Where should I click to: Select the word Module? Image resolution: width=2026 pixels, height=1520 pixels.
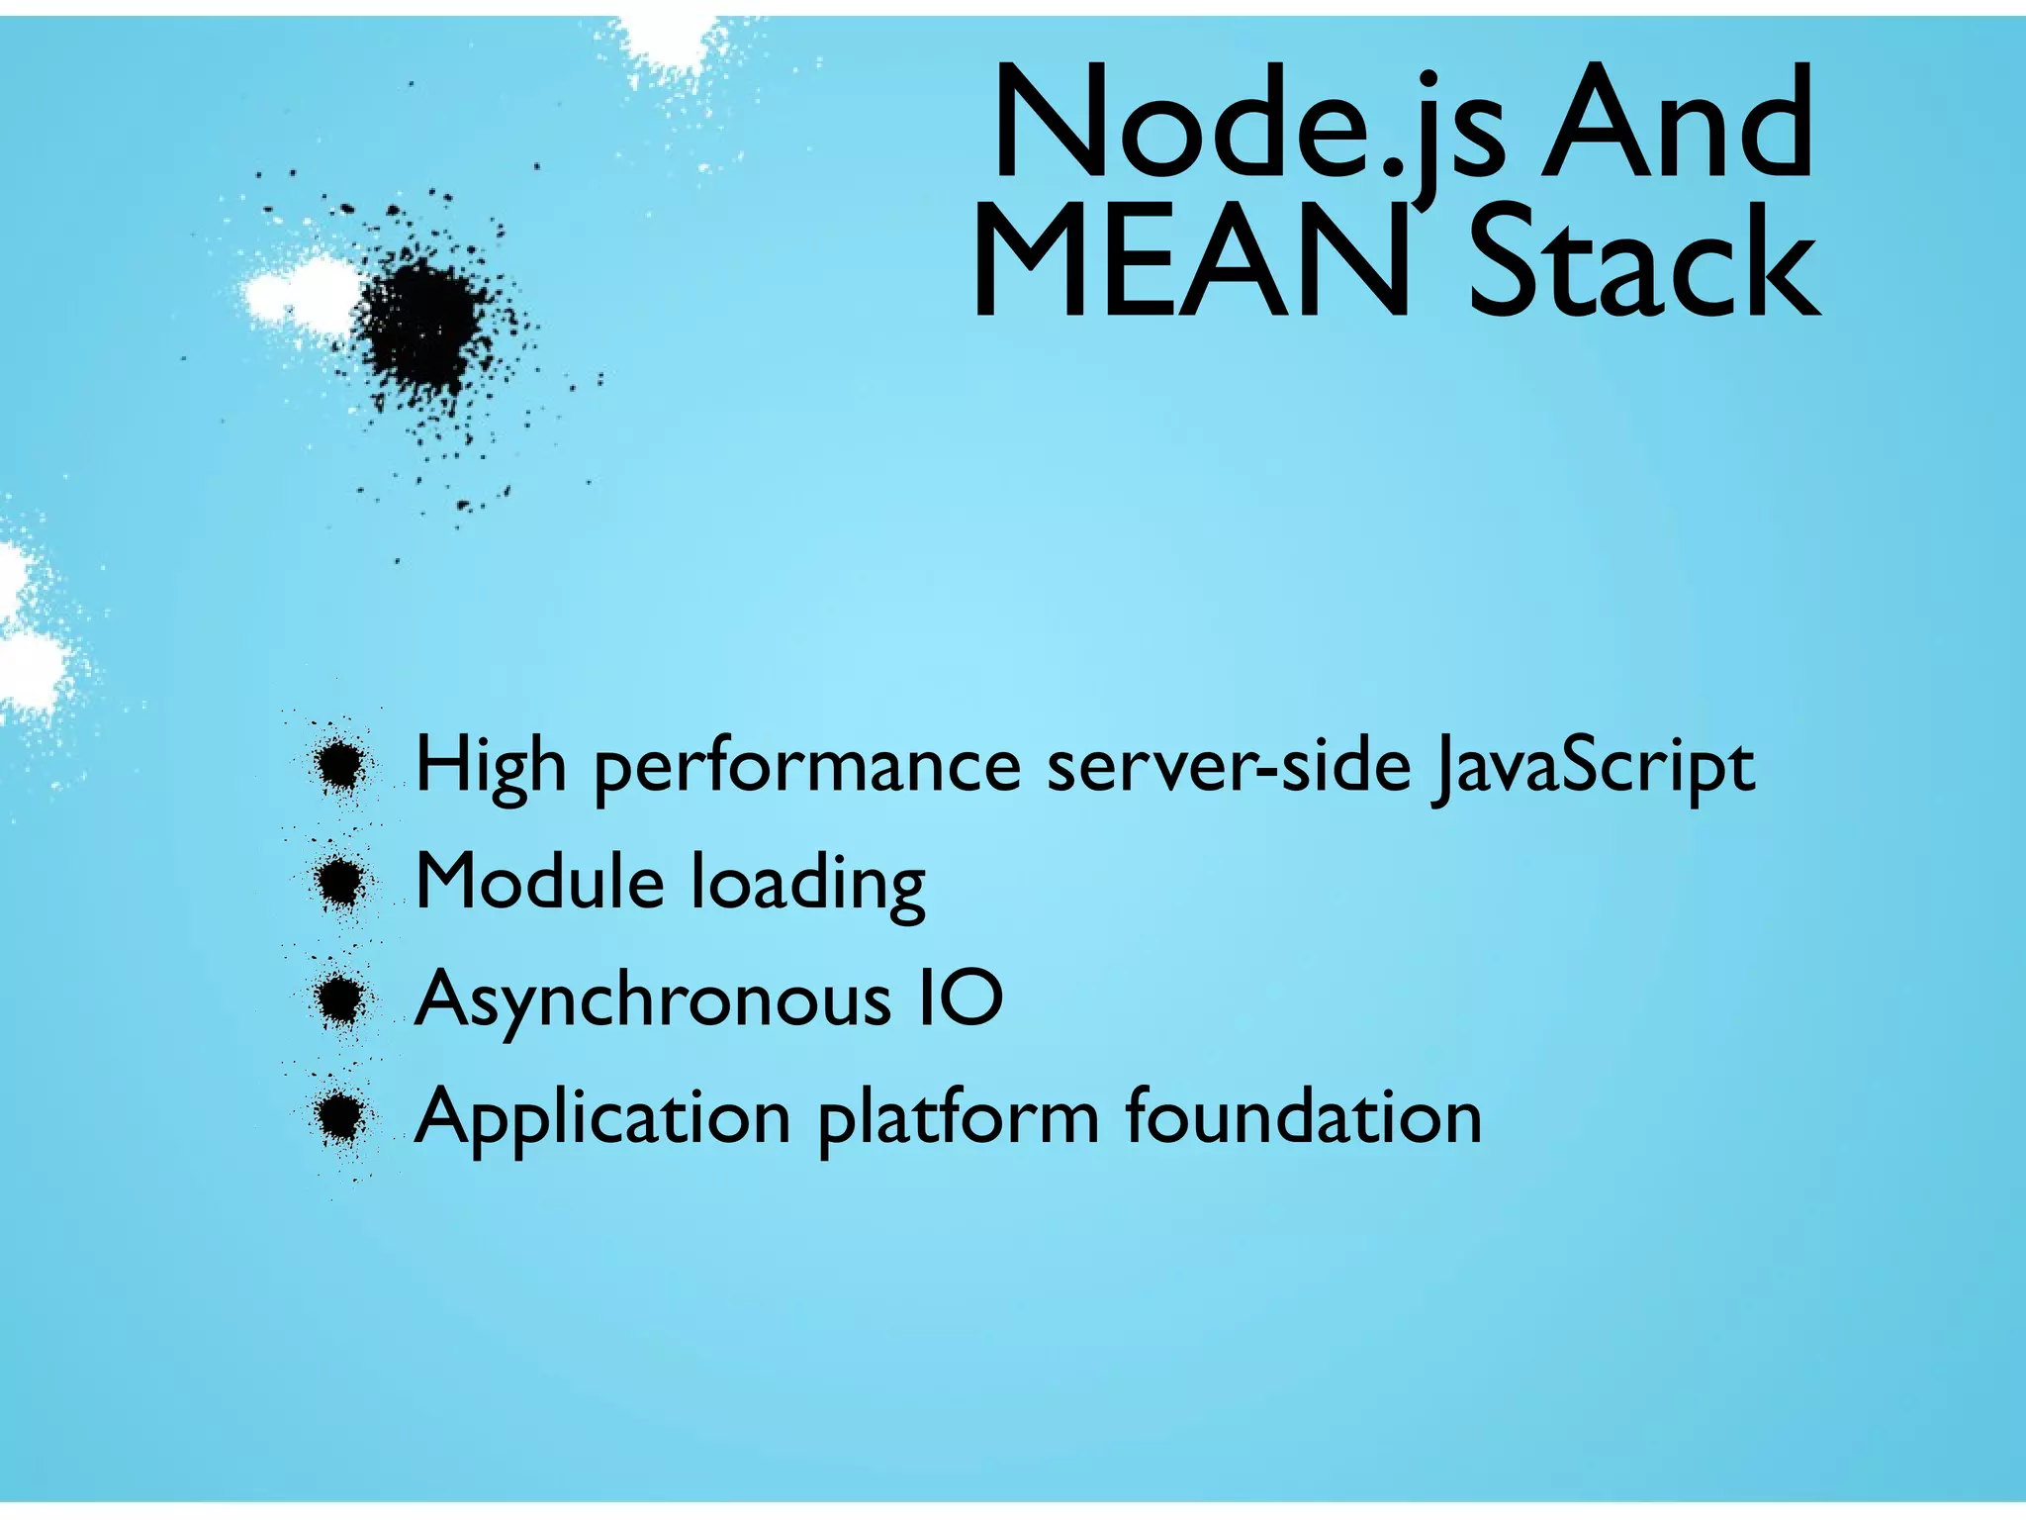coord(539,881)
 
